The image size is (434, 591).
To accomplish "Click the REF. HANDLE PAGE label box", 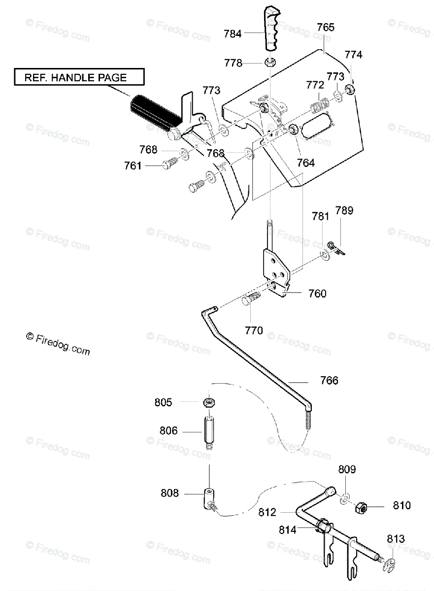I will click(78, 77).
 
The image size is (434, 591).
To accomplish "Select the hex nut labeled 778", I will click(269, 62).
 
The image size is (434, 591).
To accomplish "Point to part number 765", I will click(325, 27).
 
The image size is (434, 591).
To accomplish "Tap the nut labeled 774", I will click(351, 90).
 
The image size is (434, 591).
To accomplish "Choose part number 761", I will click(133, 166).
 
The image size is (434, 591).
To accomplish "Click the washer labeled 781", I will click(325, 255).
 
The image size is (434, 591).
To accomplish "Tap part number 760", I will click(317, 294).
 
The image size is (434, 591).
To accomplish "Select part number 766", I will click(329, 381).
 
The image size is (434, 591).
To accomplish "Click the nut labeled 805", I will click(209, 402).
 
